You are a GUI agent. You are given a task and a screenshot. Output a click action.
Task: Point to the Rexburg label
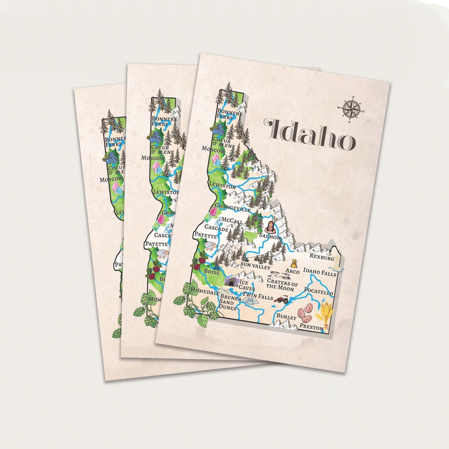321,258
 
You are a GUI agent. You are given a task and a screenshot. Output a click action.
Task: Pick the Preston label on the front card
312,328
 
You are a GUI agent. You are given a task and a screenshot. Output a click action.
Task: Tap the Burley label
286,317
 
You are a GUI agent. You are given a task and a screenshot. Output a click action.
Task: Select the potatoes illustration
305,314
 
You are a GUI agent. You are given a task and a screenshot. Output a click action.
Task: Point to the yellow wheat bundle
324,313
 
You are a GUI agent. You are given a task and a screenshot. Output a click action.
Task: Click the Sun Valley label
256,266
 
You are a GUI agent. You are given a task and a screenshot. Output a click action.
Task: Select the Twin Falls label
258,297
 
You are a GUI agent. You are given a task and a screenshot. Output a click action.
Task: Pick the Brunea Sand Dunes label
230,302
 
